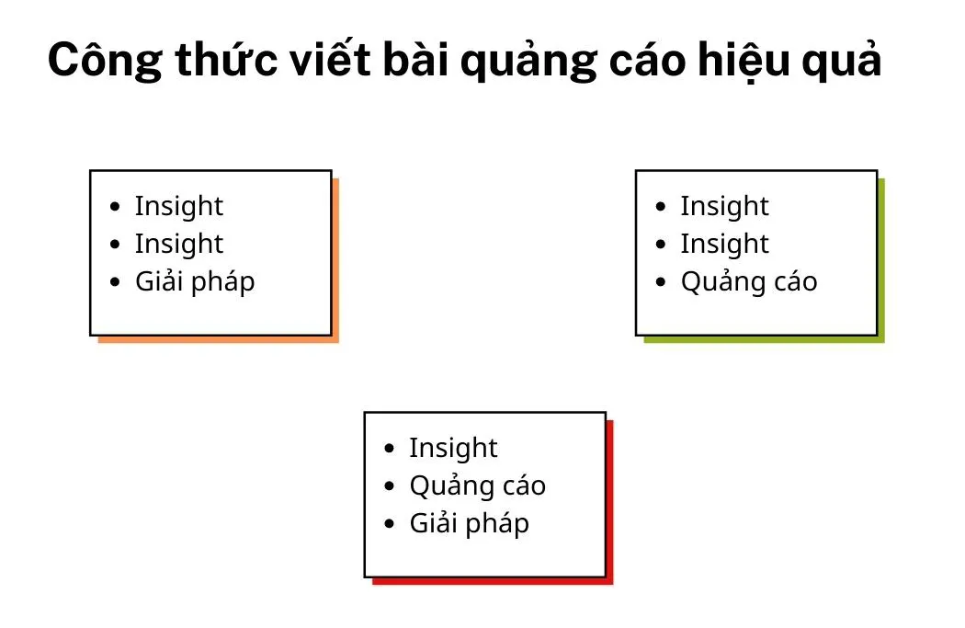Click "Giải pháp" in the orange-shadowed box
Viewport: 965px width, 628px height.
pyautogui.click(x=195, y=281)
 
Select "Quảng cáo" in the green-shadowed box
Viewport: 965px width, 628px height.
pyautogui.click(x=748, y=281)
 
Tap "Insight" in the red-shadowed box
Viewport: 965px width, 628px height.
pyautogui.click(x=453, y=448)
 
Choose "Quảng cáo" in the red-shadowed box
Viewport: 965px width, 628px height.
pyautogui.click(x=477, y=485)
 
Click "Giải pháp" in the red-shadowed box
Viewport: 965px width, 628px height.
pyautogui.click(x=469, y=523)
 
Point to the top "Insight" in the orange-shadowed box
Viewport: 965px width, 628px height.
pyautogui.click(x=179, y=206)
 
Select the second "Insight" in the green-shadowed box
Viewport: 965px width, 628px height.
pyautogui.click(x=724, y=244)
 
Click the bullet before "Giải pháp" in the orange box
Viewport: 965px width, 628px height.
pyautogui.click(x=114, y=282)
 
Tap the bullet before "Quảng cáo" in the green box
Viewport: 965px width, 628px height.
pyautogui.click(x=660, y=282)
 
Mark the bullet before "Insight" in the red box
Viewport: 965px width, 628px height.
pyautogui.click(x=389, y=449)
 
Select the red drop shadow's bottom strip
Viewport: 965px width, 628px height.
pyautogui.click(x=492, y=581)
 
